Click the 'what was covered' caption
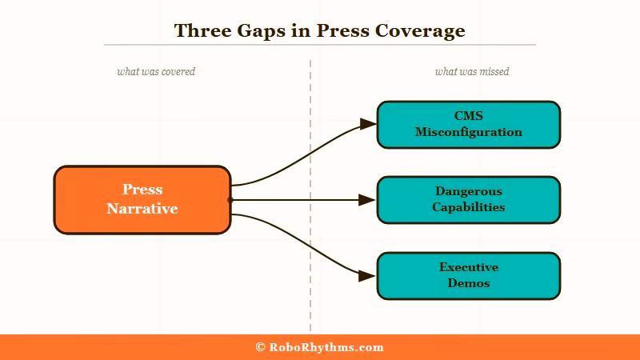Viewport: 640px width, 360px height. coord(156,72)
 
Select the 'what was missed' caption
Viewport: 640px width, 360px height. coord(472,72)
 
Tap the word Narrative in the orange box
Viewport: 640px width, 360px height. coord(142,209)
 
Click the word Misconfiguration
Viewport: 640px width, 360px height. coord(468,132)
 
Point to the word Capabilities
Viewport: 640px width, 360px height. coord(468,207)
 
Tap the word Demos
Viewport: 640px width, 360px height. coord(468,283)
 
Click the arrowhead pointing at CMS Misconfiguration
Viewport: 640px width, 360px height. coord(367,124)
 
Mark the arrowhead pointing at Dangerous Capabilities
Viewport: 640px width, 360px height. coord(367,200)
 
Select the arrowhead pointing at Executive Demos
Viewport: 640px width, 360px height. coord(367,276)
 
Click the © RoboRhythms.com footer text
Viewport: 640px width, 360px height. coord(320,347)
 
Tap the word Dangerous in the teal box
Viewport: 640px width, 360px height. coord(468,192)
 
